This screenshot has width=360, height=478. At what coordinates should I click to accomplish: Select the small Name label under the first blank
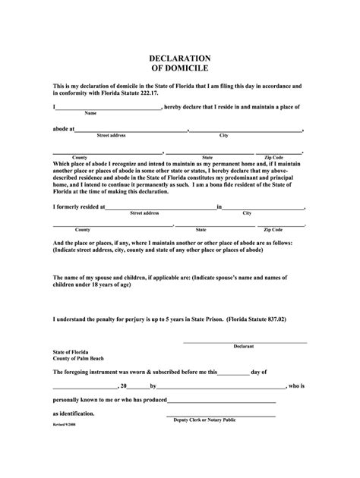90,114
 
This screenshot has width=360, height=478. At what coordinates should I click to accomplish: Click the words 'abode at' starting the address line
64,129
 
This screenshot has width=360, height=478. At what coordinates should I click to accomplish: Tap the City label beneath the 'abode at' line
224,135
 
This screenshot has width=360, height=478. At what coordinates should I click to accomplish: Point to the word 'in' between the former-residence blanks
219,206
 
